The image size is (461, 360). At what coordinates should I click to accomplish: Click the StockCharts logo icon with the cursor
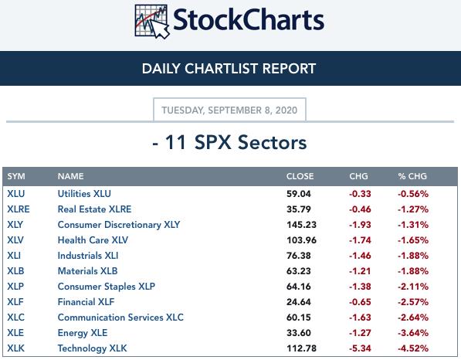coord(151,21)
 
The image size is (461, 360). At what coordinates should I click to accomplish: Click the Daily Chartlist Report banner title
coord(229,69)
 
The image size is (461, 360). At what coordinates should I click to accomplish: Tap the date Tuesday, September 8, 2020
coord(229,110)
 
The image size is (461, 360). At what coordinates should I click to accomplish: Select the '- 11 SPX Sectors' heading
coord(229,142)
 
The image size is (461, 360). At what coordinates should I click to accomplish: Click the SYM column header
coord(16,176)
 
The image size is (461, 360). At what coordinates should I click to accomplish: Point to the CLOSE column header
coord(300,176)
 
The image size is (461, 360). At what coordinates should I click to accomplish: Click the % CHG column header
coord(412,176)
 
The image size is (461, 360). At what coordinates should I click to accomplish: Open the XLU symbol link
coord(16,194)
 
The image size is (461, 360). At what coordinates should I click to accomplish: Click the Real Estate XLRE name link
coord(94,209)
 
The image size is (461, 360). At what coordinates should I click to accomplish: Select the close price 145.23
coord(301,225)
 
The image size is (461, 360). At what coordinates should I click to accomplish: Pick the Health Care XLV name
coord(93,240)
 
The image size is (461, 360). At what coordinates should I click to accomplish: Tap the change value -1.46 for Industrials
coord(360,256)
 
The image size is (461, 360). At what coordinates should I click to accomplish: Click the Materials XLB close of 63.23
coord(298,271)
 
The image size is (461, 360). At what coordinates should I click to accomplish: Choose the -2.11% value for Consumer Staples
coord(413,287)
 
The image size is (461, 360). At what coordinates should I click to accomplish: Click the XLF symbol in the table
coord(15,302)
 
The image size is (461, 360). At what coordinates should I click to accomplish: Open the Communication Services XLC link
coord(120,318)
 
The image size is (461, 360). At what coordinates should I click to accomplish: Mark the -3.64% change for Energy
coord(413,333)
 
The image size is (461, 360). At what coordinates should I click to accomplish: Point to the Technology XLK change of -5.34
coord(360,348)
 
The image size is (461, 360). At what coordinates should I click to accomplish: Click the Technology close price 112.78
coord(301,348)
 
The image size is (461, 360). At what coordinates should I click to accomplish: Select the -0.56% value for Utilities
coord(413,194)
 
